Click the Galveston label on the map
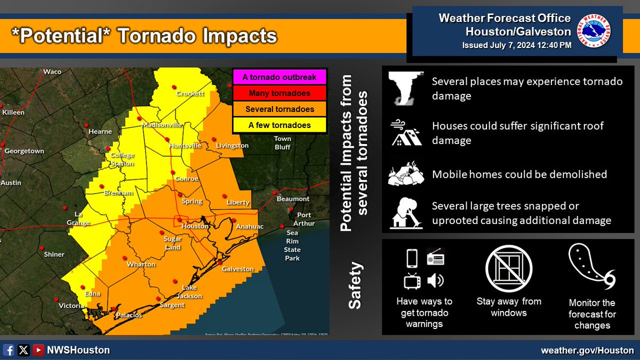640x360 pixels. [238, 269]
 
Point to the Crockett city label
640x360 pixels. [191, 94]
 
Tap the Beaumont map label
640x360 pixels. [293, 199]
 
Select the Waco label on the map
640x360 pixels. [52, 71]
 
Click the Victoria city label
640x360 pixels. [70, 306]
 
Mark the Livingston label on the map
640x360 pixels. [232, 146]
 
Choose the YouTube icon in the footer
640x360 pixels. [38, 350]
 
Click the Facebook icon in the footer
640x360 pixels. [9, 350]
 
